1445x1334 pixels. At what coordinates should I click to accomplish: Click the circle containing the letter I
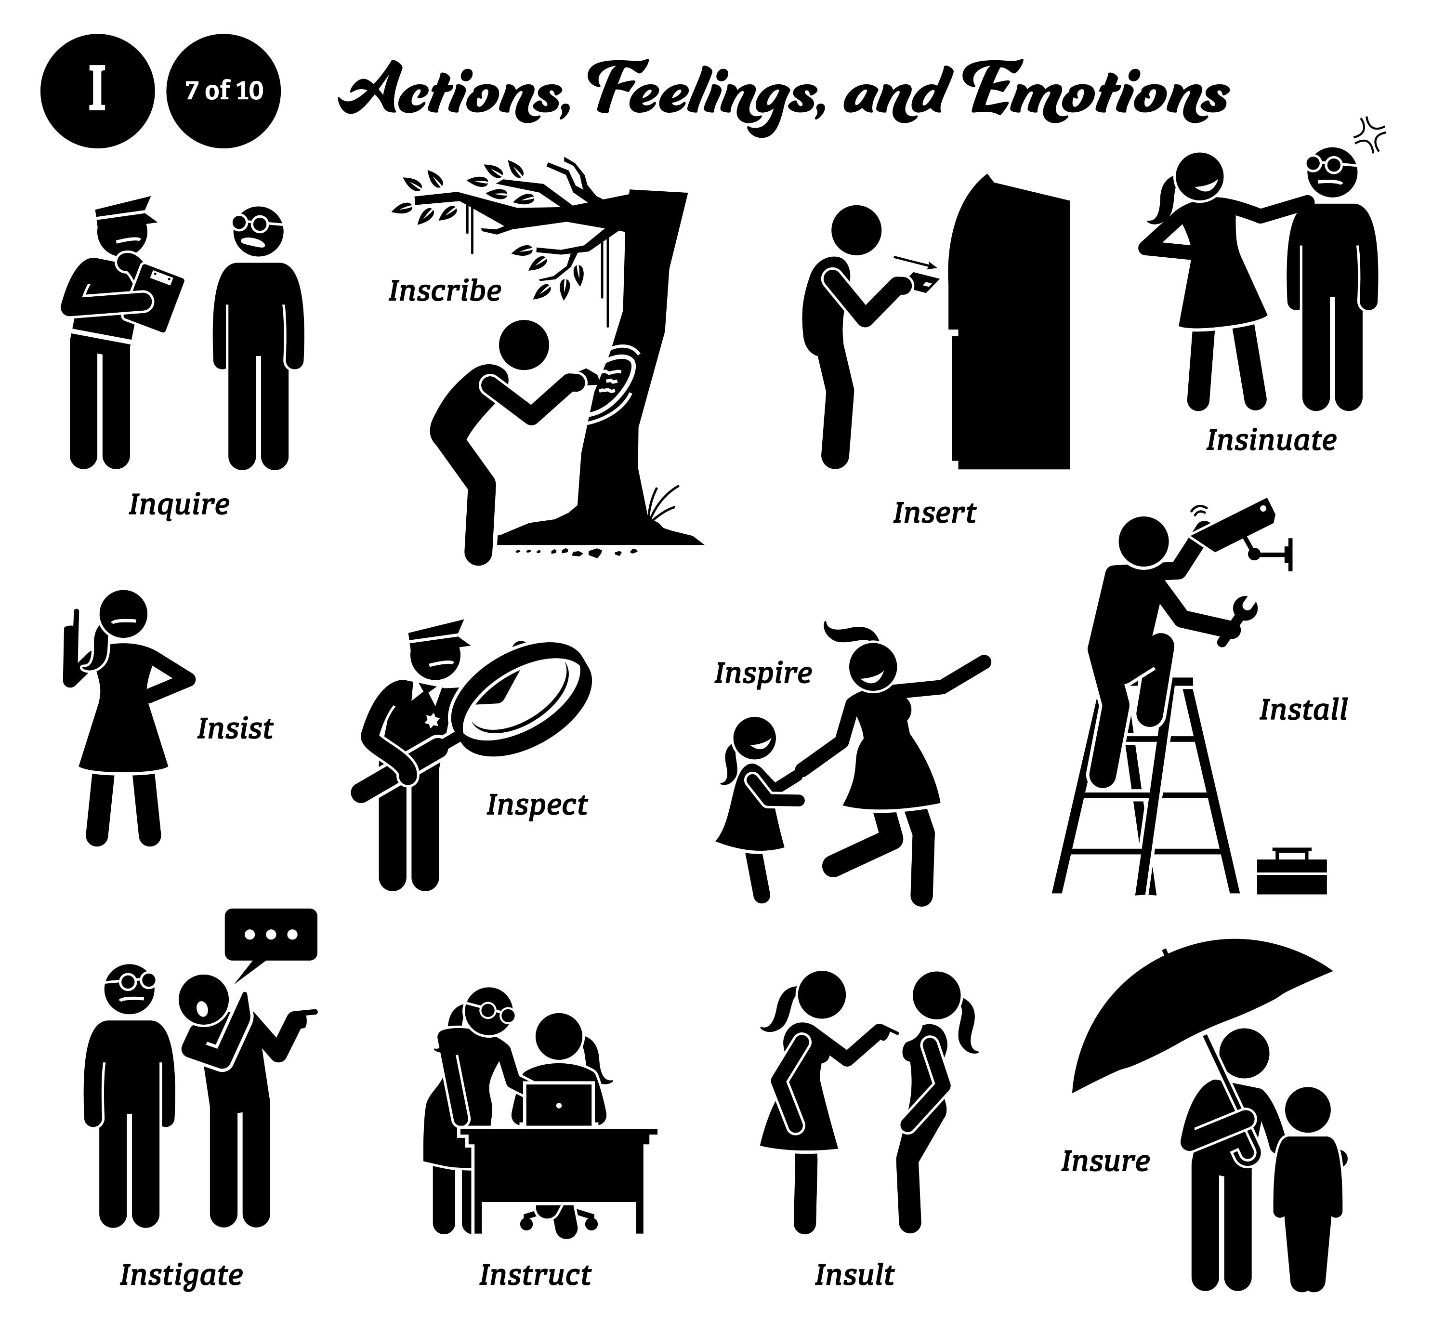click(x=97, y=92)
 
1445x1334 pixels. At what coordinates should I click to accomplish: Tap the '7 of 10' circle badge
click(x=224, y=92)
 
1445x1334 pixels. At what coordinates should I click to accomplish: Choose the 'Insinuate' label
click(x=1270, y=440)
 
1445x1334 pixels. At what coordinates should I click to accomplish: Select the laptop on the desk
click(x=559, y=1104)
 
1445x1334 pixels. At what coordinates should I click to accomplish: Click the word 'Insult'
click(x=854, y=1275)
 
